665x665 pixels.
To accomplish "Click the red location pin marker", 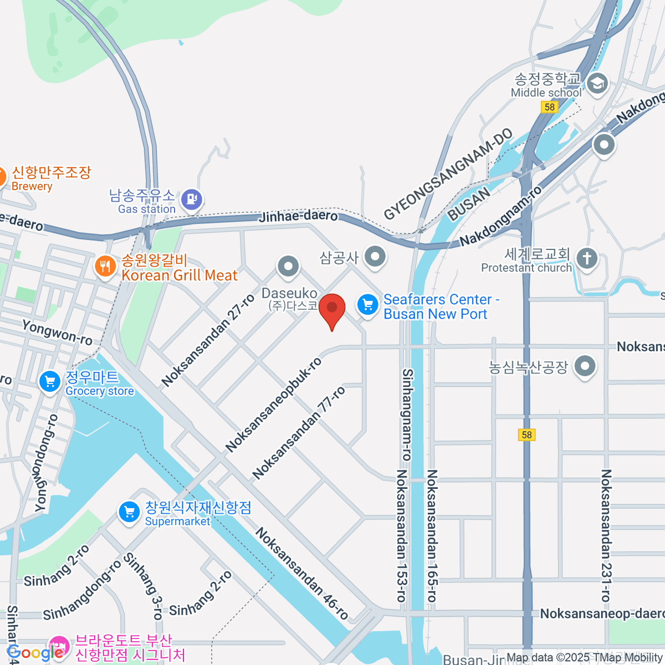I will coord(332,309).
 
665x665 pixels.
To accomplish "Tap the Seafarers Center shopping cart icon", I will coord(367,305).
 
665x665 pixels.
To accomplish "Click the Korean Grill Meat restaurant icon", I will coord(105,267).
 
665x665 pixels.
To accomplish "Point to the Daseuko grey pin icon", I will coord(288,267).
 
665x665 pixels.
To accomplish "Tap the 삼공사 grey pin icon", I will coord(375,257).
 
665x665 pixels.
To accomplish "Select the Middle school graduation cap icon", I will coord(597,84).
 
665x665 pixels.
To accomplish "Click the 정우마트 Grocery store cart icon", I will coord(50,382).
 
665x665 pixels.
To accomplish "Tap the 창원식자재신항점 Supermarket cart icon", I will coord(129,512).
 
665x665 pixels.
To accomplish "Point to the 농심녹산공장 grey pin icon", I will coord(585,366).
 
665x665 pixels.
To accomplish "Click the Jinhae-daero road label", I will coord(298,216).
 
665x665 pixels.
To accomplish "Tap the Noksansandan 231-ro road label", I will coord(606,535).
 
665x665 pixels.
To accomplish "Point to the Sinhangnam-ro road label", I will coord(407,415).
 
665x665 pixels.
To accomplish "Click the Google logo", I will coord(34,653).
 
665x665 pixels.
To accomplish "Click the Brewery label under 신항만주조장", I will coord(32,187).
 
